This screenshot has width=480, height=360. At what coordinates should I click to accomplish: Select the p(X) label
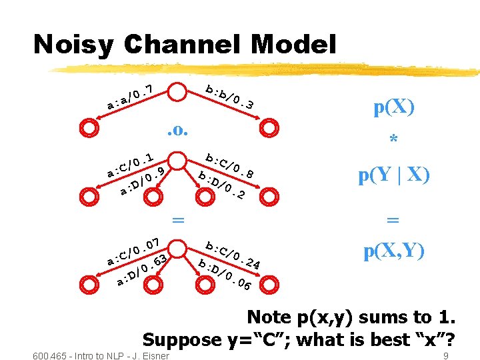click(393, 108)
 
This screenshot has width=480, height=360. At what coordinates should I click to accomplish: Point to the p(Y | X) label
click(393, 175)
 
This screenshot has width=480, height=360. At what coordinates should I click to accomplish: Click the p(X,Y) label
click(393, 251)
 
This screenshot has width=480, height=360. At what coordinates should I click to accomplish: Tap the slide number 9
click(445, 355)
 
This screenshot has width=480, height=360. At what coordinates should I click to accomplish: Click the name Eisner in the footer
click(154, 355)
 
